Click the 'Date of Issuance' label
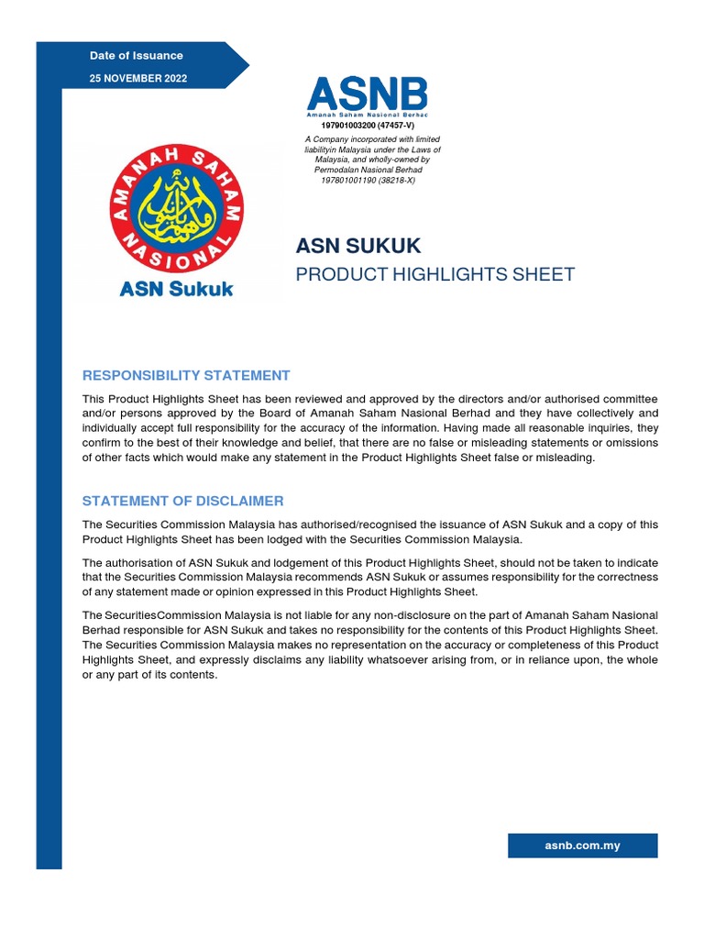(136, 56)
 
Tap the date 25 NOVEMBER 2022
(137, 79)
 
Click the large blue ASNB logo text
(367, 94)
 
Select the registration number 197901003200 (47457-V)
(367, 125)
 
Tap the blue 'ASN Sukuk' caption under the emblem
(177, 290)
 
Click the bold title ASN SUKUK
(357, 246)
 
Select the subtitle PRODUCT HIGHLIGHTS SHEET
(434, 274)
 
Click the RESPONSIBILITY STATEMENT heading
(186, 375)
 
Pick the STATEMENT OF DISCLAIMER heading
(182, 501)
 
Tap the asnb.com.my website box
(582, 845)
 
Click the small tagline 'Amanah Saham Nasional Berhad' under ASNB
(367, 114)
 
